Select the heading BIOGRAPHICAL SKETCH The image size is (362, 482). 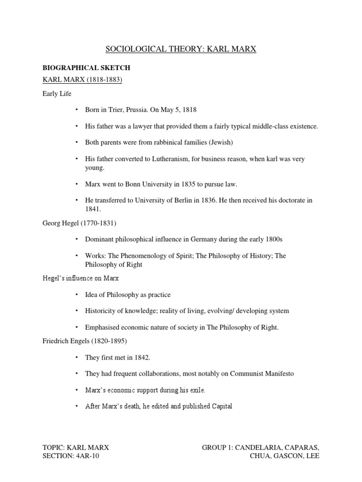pos(86,68)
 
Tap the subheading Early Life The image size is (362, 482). pos(57,94)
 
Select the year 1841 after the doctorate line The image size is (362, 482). pos(93,209)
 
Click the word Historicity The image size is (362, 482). pos(101,311)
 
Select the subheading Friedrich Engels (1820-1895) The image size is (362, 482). pos(83,341)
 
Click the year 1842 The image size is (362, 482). pos(141,357)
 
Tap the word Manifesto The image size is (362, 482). pos(278,374)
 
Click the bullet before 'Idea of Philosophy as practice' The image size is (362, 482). pos(75,295)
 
